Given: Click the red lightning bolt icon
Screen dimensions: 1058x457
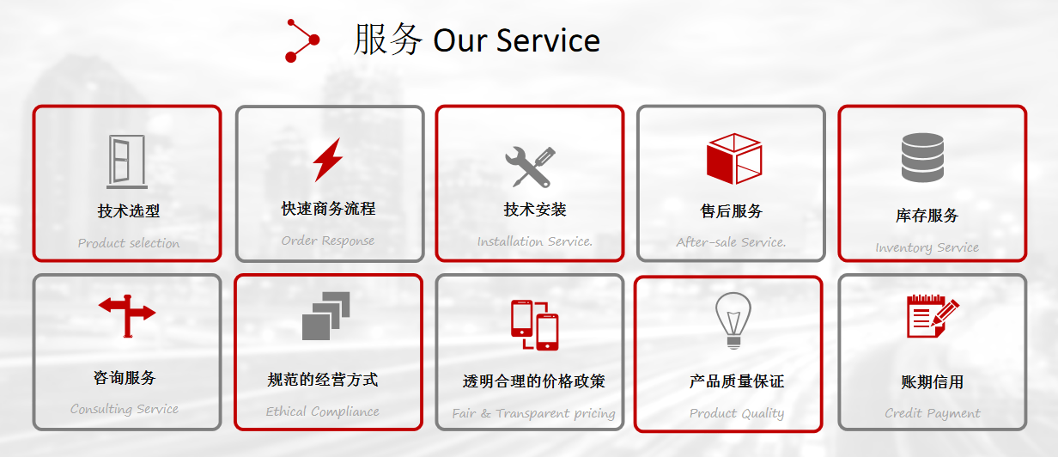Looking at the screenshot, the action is coord(328,160).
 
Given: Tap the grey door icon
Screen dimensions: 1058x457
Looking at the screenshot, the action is coord(126,161).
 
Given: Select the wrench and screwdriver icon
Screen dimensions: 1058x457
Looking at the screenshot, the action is coord(530,167).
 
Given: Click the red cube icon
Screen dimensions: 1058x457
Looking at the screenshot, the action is coord(734,159).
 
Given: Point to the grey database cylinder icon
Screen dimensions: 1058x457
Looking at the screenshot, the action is coord(922,157).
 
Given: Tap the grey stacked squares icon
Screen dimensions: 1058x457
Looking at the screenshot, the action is coord(326,316).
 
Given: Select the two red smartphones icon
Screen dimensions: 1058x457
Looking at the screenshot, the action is coord(535,326).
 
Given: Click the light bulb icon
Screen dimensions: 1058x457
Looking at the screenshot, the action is coord(733,320).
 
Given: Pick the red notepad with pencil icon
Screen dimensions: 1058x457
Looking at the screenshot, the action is coord(933,316).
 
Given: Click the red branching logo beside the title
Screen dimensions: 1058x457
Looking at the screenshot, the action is coord(302,40).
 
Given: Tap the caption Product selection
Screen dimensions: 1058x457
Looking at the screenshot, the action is coord(129,243).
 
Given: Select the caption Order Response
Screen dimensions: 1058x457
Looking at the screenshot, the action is coord(328,241).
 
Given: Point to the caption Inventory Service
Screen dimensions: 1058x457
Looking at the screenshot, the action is coord(927,247).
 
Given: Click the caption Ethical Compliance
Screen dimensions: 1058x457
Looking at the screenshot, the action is coord(322,411).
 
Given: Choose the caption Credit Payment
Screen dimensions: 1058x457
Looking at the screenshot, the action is coord(933,413).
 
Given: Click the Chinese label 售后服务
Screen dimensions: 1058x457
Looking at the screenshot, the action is coord(731,210).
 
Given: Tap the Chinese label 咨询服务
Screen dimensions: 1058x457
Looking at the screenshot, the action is coord(125,378).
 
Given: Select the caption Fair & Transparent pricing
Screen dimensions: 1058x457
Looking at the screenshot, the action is coord(534,413).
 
